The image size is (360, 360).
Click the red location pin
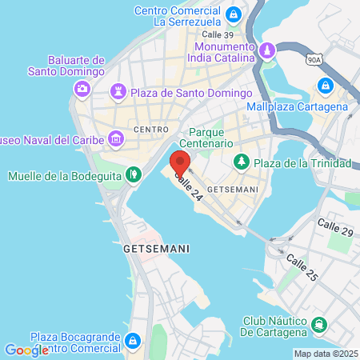click(180, 162)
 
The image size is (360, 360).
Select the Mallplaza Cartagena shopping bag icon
click(325, 86)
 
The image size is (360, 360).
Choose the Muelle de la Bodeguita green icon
click(135, 173)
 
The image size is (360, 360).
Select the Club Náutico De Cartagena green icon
click(319, 324)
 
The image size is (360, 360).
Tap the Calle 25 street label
click(301, 267)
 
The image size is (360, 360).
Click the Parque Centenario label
click(211, 138)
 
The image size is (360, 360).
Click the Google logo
click(26, 350)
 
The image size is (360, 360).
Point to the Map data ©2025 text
click(325, 354)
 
